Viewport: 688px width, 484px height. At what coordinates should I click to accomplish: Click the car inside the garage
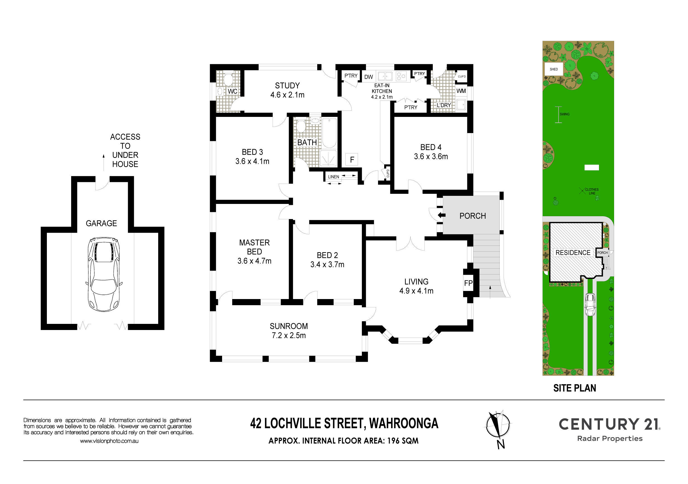tap(104, 274)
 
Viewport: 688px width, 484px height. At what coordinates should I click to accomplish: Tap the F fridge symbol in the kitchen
tap(352, 160)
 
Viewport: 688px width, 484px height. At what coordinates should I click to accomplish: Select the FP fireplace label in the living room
tap(468, 283)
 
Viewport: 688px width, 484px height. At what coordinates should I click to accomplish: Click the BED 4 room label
tap(430, 147)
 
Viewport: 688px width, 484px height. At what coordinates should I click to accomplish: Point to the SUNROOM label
tap(288, 326)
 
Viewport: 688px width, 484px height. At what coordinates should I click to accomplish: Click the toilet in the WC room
tap(228, 80)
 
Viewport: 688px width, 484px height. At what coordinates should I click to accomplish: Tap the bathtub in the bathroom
tap(329, 133)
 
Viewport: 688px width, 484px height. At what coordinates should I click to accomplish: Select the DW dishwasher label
tap(369, 77)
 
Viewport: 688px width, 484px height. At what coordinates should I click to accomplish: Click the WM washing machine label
tap(461, 91)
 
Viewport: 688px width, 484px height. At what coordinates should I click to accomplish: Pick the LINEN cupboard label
tap(333, 177)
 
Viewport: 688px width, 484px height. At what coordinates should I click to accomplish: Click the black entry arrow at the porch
tap(442, 215)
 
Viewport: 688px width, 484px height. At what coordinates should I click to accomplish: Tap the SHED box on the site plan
tap(554, 69)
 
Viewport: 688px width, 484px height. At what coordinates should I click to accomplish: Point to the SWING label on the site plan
tap(564, 114)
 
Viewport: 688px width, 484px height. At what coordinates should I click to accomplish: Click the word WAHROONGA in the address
tap(404, 423)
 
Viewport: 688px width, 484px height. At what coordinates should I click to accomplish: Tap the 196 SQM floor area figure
tap(403, 440)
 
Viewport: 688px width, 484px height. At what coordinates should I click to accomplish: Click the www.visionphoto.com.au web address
tap(109, 441)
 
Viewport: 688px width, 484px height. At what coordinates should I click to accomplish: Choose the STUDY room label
tap(287, 85)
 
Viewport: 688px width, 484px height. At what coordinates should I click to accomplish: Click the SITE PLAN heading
tap(574, 388)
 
